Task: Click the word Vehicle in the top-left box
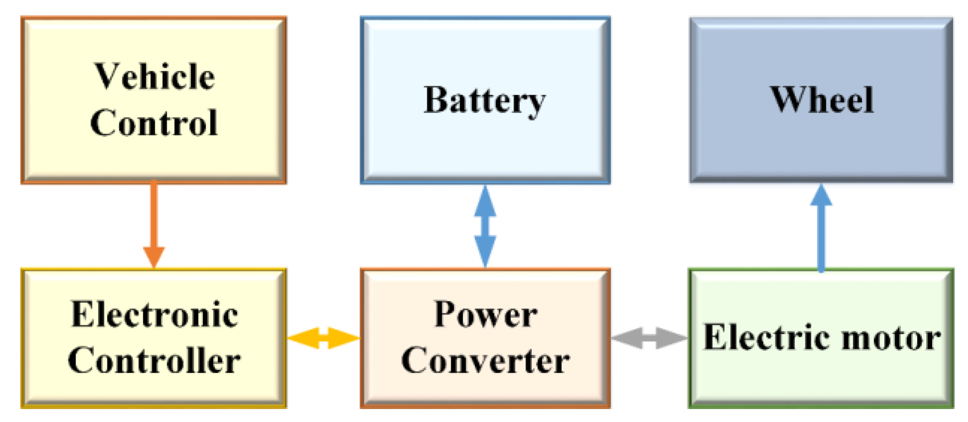click(x=154, y=77)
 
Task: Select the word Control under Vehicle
click(x=154, y=122)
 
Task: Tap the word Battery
click(x=484, y=101)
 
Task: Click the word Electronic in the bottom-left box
click(x=154, y=315)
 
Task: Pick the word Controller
click(x=154, y=360)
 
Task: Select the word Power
click(x=485, y=315)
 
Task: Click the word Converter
click(x=485, y=360)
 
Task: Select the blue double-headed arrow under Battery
click(x=485, y=226)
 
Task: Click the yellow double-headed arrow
click(x=323, y=338)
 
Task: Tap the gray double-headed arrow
click(x=649, y=338)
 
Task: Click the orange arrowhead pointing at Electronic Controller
click(x=154, y=256)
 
